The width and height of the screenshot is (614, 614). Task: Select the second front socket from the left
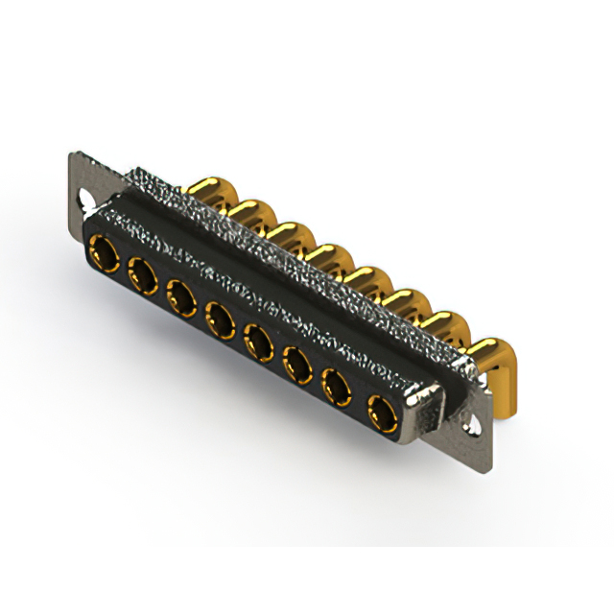click(x=142, y=275)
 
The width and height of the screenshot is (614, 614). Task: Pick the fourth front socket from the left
click(x=219, y=318)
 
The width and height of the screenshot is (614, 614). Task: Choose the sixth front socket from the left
click(x=296, y=364)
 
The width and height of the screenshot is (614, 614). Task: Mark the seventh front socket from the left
click(x=337, y=388)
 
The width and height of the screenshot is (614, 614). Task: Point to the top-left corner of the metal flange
click(x=72, y=156)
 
